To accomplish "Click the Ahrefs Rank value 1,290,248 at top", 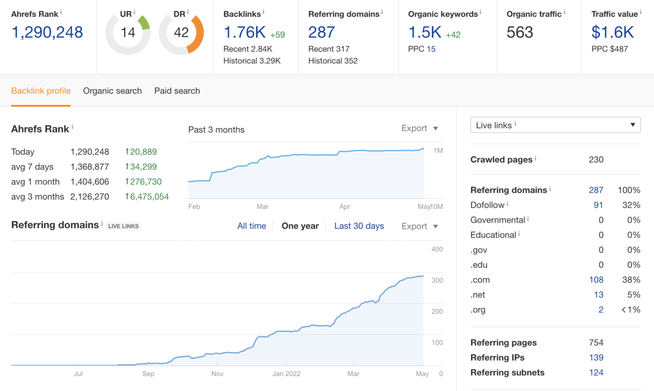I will pos(47,32).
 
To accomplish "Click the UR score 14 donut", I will pos(128,33).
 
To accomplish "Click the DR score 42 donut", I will pos(181,33).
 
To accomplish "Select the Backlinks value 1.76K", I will pos(245,32).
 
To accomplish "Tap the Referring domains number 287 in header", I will pos(321,32).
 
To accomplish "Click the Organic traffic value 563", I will pos(520,32).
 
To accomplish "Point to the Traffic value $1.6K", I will pos(613,32).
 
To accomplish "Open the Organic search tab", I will pos(112,91).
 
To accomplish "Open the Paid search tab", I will pos(177,91).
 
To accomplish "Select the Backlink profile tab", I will pos(41,91).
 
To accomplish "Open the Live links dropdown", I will pos(555,125).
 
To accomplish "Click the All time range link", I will pos(251,226).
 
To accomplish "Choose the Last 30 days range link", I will pos(359,226).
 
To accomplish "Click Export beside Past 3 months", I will pos(419,128).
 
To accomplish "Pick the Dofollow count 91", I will pos(598,205).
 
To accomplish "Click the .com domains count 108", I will pos(596,280).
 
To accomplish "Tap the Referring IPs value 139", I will pos(596,357).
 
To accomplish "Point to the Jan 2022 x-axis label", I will pos(287,374).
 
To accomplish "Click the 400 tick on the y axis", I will pos(437,249).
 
